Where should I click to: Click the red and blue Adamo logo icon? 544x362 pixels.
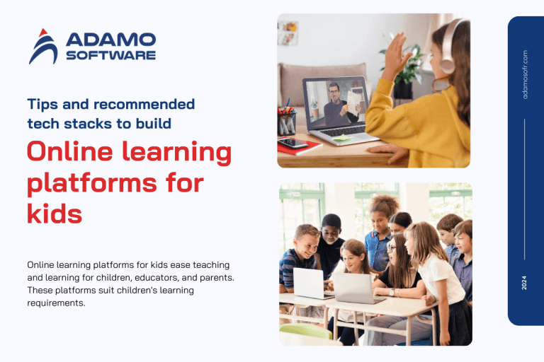point(42,47)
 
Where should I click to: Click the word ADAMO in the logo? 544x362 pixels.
point(110,40)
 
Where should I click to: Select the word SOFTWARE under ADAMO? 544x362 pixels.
point(110,56)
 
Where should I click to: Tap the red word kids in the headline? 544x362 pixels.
point(55,213)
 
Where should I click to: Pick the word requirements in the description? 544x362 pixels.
point(56,303)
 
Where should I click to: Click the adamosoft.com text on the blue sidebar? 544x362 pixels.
point(525,74)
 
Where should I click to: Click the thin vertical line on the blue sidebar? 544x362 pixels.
point(525,188)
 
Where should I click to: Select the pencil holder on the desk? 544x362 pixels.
point(286,121)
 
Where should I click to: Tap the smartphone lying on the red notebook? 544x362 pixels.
point(292,144)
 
